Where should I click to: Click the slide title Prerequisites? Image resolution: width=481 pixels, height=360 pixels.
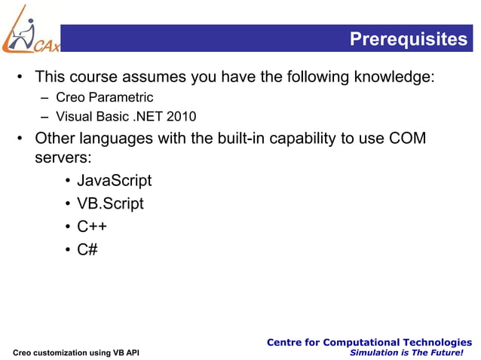(408, 39)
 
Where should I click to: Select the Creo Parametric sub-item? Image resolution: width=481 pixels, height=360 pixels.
(105, 97)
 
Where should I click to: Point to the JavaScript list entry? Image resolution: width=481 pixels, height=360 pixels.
(114, 181)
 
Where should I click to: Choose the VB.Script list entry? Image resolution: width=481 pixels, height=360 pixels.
(110, 203)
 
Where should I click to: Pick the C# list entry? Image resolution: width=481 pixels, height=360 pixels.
(87, 249)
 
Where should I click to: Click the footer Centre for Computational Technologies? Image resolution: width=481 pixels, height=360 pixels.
(369, 343)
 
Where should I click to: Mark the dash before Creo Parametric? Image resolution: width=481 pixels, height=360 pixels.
(46, 97)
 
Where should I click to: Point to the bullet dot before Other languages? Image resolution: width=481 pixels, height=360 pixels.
(23, 139)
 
